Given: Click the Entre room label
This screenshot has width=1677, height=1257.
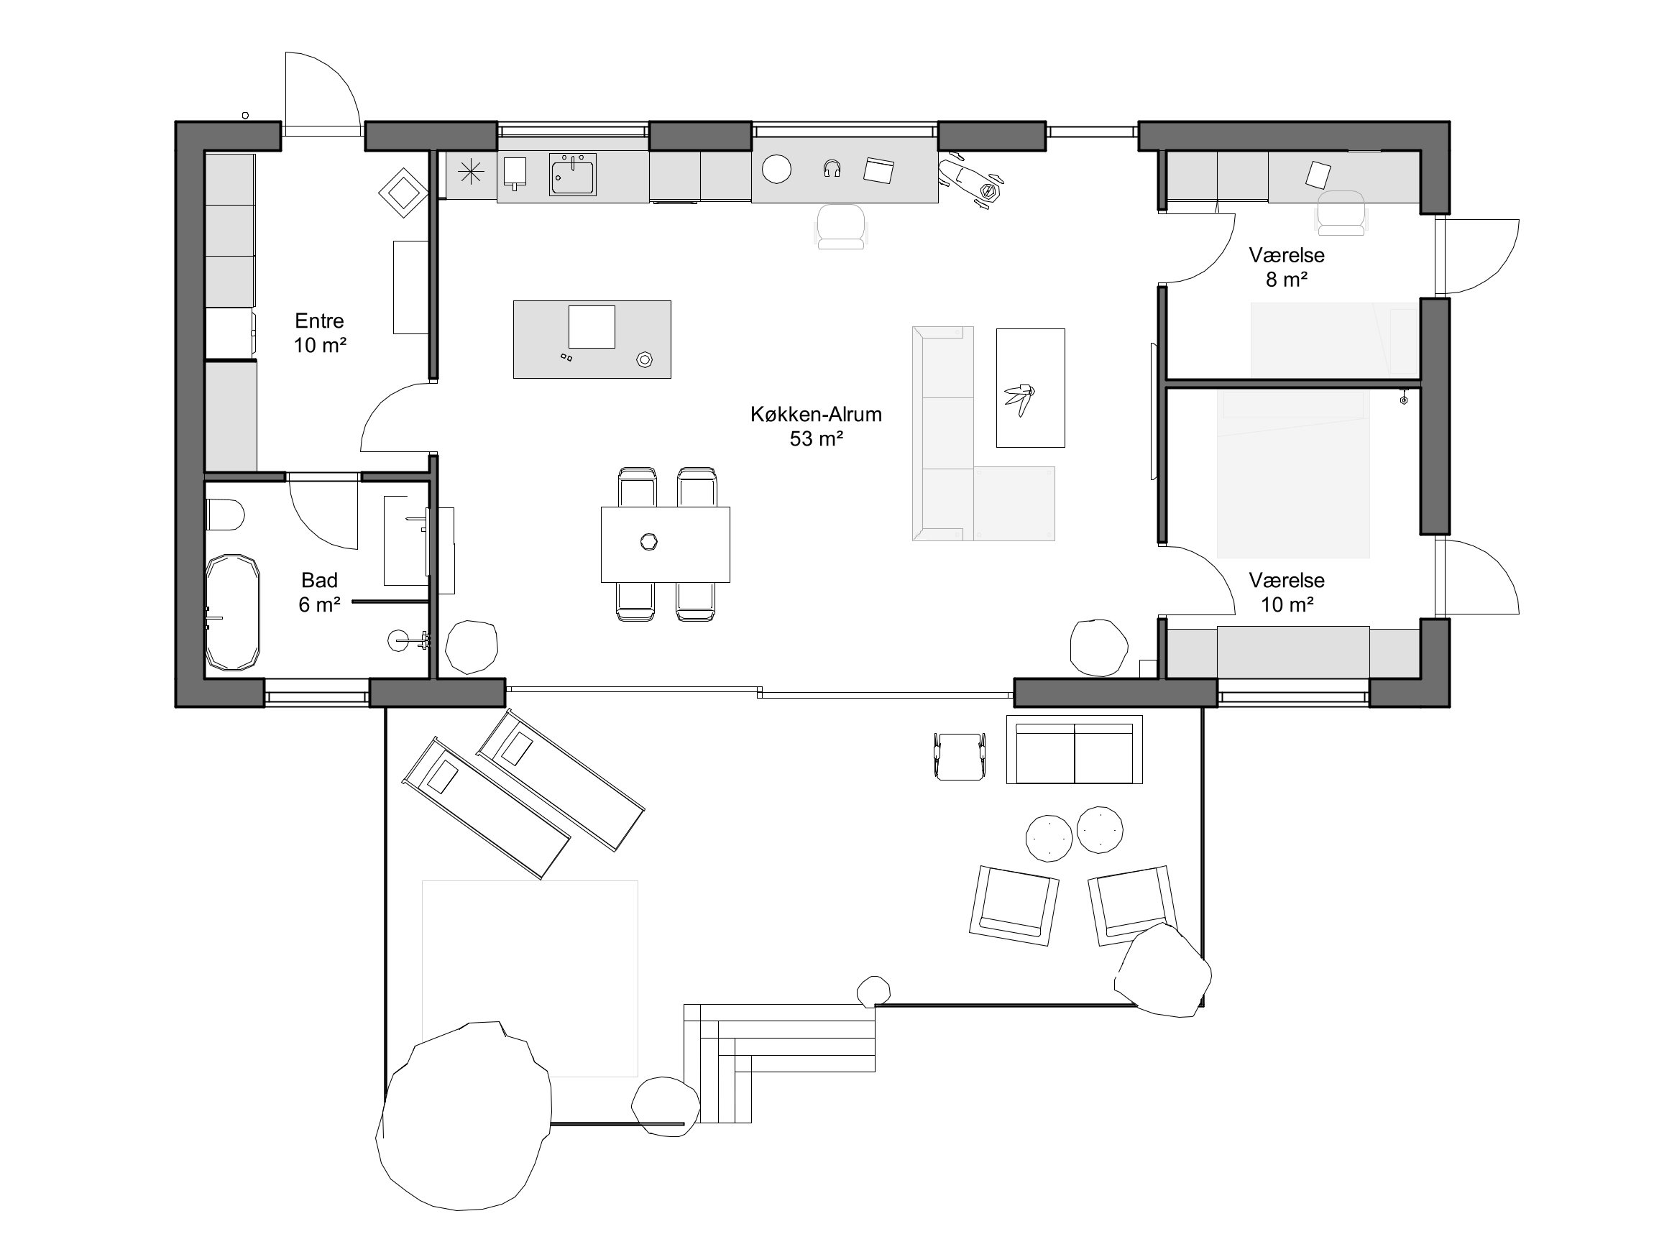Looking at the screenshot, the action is click(319, 321).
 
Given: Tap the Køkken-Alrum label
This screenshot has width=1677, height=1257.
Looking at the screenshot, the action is click(816, 426).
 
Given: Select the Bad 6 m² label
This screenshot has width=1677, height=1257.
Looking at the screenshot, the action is click(319, 592).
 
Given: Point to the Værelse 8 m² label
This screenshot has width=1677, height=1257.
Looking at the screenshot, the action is click(1287, 267).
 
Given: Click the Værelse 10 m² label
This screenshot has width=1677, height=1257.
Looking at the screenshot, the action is click(1287, 592).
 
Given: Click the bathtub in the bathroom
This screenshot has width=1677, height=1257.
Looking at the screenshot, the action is click(233, 612).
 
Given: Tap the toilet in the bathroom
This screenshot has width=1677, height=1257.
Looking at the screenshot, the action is click(224, 515).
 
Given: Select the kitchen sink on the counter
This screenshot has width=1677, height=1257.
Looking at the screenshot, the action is click(572, 175).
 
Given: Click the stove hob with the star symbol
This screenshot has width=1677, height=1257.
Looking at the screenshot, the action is click(471, 174).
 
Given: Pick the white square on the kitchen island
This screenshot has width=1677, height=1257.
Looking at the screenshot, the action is click(592, 327).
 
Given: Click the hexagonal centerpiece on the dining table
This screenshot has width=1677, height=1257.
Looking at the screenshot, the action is click(649, 542).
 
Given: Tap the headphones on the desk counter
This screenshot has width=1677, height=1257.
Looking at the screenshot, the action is click(832, 168).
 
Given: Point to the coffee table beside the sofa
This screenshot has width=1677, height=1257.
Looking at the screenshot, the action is click(1030, 387).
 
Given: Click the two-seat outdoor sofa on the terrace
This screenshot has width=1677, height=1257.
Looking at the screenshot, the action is click(1075, 749).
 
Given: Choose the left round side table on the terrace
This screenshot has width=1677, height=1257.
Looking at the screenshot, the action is click(1049, 839).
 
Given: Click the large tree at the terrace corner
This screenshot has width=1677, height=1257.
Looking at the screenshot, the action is click(464, 1115).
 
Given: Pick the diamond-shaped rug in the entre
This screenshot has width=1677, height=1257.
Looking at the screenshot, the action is click(403, 193).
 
